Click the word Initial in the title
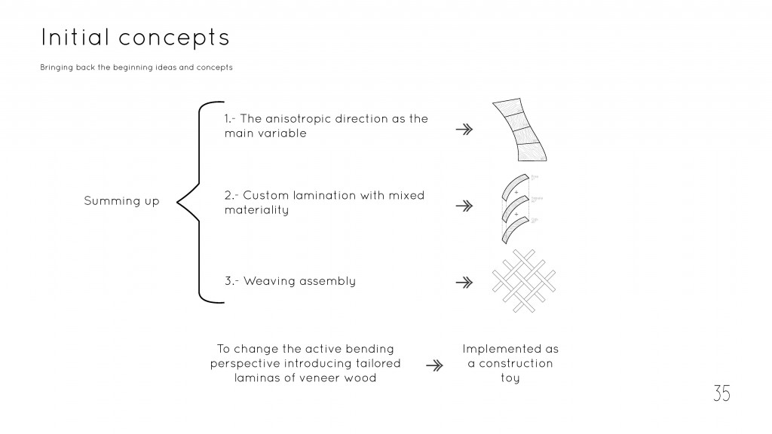click(x=72, y=37)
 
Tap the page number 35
click(x=721, y=393)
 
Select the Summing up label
click(x=121, y=201)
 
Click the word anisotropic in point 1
click(x=308, y=119)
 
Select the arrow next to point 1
click(x=464, y=130)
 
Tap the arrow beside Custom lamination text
click(x=464, y=205)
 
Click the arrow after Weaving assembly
click(x=464, y=283)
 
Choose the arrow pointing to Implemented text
click(x=434, y=365)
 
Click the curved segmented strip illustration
click(x=519, y=130)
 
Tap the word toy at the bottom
click(x=510, y=378)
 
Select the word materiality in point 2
click(x=256, y=210)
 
